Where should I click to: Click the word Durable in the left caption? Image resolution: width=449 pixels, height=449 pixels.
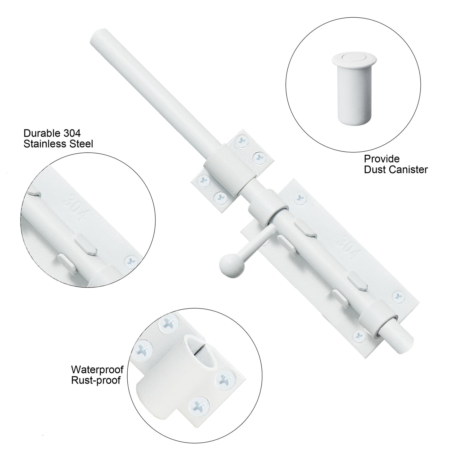pyautogui.click(x=38, y=133)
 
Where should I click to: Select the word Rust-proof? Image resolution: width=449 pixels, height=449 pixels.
pyautogui.click(x=96, y=380)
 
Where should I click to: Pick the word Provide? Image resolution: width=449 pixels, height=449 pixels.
pyautogui.click(x=382, y=159)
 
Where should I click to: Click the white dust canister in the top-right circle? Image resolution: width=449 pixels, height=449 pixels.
pyautogui.click(x=354, y=88)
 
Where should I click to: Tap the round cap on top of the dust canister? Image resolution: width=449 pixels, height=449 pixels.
pyautogui.click(x=354, y=57)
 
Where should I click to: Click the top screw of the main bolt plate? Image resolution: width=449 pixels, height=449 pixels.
pyautogui.click(x=300, y=199)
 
